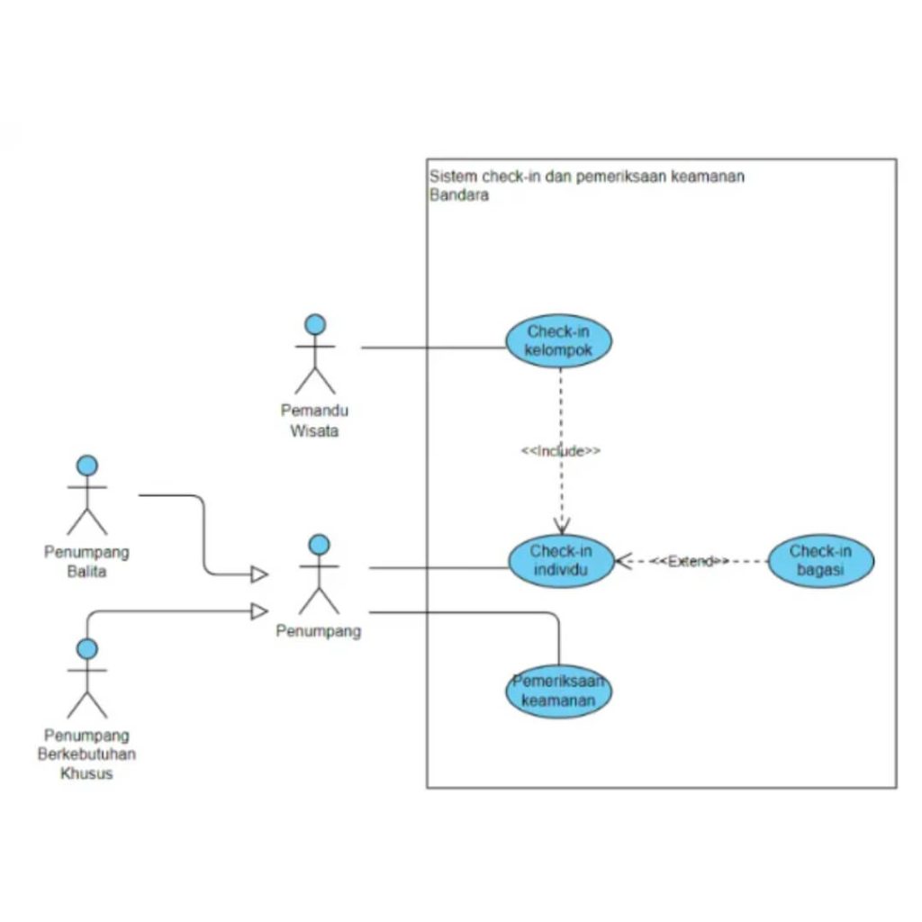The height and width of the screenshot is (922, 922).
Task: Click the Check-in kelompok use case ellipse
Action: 558,341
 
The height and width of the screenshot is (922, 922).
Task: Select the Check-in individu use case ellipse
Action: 561,562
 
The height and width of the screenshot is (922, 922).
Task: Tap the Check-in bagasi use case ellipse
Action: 820,562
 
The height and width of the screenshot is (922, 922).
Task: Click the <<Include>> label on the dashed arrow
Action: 561,451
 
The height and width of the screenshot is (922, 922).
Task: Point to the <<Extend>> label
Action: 690,562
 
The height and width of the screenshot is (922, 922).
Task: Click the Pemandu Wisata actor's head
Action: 315,324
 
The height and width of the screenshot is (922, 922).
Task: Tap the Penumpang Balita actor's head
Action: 87,466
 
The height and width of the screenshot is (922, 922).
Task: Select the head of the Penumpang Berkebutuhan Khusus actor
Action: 87,649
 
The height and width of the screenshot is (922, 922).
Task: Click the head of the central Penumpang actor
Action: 319,545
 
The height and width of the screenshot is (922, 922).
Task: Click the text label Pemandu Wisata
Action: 314,420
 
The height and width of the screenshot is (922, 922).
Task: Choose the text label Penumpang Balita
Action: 86,561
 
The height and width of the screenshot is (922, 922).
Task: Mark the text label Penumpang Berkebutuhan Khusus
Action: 86,755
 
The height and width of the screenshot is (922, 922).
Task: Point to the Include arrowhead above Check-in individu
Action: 562,528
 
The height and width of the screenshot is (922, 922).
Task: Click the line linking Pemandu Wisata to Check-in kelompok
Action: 432,348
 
